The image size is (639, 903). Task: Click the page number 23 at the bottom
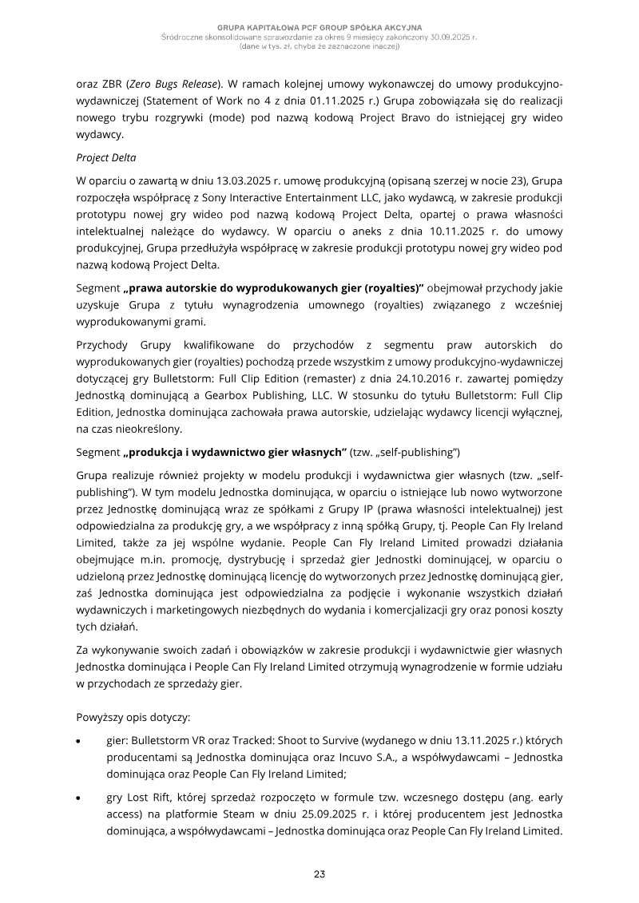[319, 873]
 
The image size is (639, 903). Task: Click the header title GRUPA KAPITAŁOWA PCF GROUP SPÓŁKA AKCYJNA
[319, 28]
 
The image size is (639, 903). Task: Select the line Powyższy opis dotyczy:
[133, 716]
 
